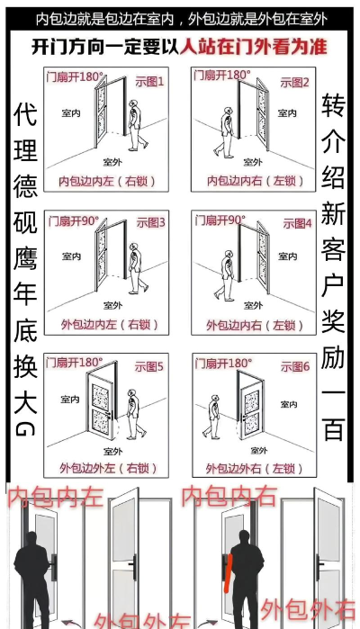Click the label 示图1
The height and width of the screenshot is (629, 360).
(148, 82)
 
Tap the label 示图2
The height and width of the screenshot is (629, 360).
(294, 82)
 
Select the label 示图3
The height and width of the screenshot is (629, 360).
(150, 222)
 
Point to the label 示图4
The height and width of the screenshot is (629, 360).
(294, 222)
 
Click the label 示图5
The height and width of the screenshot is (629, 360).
(150, 366)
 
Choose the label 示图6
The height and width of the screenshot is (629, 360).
(294, 366)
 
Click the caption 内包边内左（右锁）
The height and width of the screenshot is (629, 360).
(106, 181)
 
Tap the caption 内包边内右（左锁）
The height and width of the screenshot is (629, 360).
(254, 181)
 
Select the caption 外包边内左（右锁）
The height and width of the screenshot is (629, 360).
(106, 323)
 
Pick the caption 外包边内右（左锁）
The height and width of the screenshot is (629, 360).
(254, 323)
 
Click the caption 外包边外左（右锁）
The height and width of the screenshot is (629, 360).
(106, 467)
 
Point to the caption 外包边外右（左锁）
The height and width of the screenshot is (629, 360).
(254, 467)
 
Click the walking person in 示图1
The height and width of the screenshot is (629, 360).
(135, 126)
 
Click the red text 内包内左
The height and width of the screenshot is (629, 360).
(54, 497)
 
